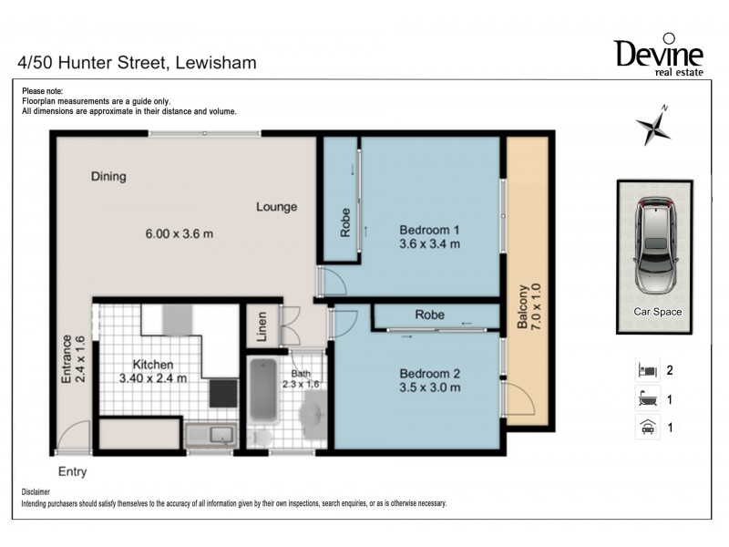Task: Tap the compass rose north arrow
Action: coord(653,126)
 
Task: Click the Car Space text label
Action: coord(657,312)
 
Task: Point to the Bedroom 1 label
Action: coord(429,230)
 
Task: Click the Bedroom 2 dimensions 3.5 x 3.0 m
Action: coord(429,387)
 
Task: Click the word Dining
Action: coord(108,177)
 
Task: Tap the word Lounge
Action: coord(276,207)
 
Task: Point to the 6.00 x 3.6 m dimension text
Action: coord(179,233)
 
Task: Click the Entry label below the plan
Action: coord(73,471)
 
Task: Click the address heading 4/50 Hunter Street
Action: coord(137,63)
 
